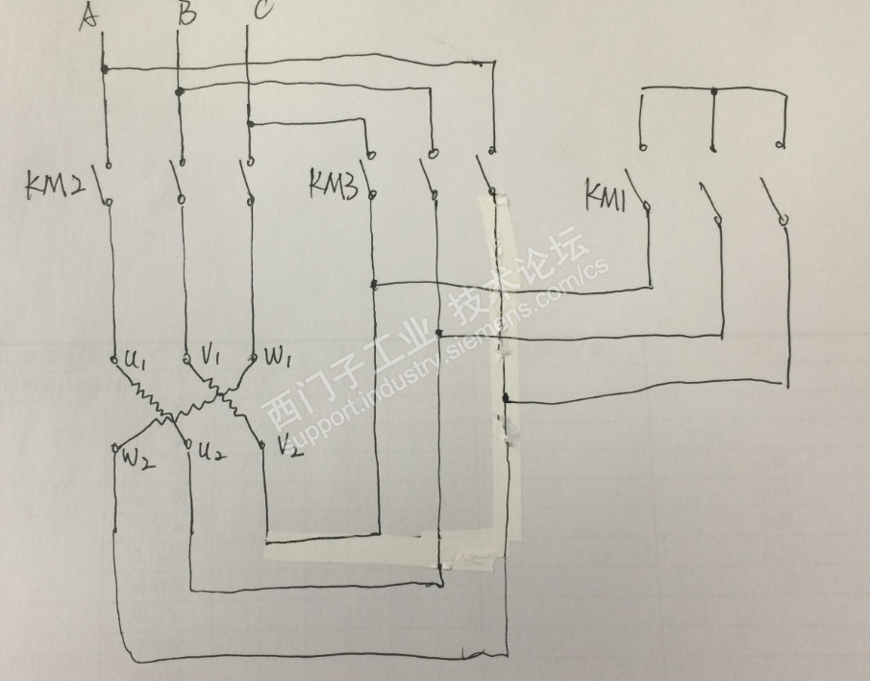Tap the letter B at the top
tap(187, 14)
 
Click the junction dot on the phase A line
tap(103, 68)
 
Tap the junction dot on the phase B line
tap(178, 92)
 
